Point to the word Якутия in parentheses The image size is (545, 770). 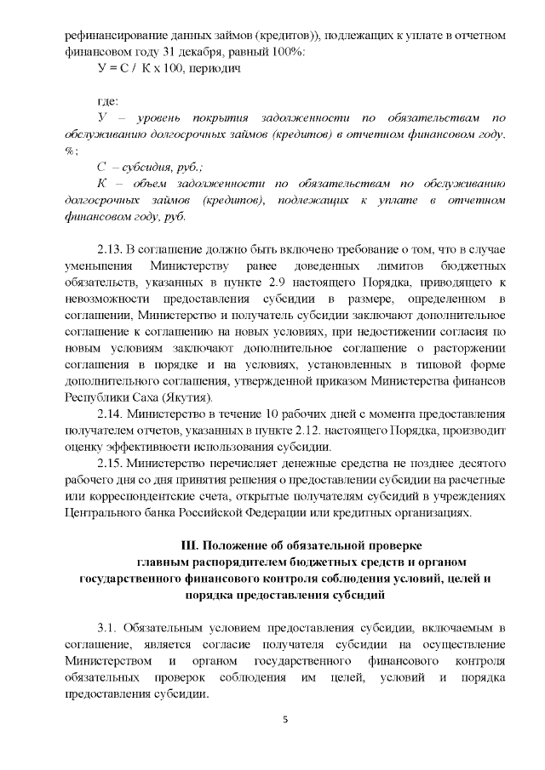[x=188, y=396]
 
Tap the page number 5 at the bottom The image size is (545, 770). [x=284, y=721]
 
